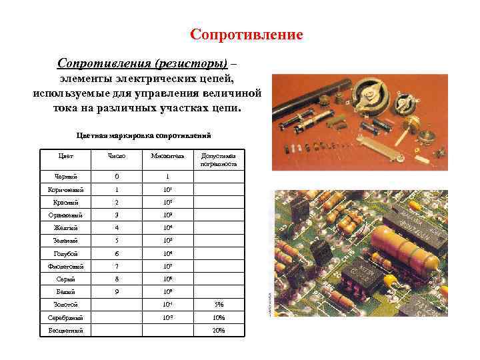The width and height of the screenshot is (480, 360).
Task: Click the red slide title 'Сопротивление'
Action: tap(246, 34)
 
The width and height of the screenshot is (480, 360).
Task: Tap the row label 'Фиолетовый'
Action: tap(66, 266)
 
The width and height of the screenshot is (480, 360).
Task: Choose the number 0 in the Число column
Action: tap(117, 177)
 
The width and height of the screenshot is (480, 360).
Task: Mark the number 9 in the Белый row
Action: tap(117, 291)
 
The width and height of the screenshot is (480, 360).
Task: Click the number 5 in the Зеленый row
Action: tap(117, 240)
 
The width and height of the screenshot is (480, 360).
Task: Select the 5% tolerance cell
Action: tap(218, 305)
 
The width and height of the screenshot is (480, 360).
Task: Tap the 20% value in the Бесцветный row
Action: tap(218, 330)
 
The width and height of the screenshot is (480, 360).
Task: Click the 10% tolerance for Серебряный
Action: tap(218, 317)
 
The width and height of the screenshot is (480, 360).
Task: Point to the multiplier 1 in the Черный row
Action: tap(167, 177)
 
